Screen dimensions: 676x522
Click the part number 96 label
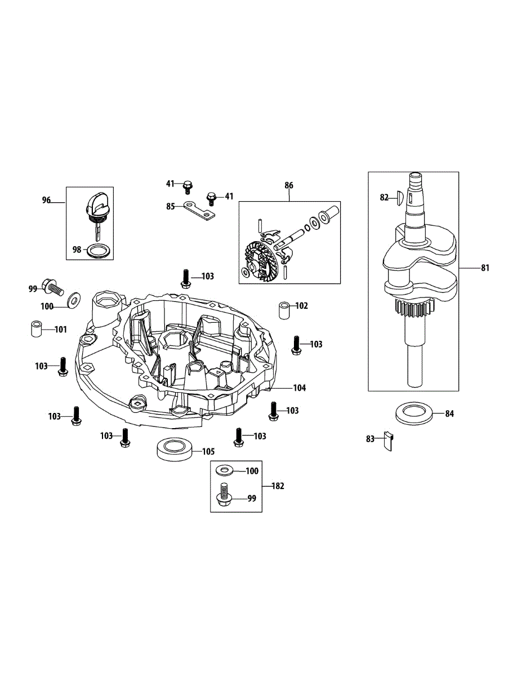[46, 200]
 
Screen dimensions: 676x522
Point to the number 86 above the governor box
[289, 185]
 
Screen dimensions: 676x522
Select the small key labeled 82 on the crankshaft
[398, 197]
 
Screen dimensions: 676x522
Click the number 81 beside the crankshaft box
[485, 268]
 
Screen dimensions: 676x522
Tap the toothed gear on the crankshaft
[413, 308]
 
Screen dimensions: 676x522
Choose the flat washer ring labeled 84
[416, 413]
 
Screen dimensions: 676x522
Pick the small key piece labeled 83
[388, 440]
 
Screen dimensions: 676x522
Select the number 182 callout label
[278, 486]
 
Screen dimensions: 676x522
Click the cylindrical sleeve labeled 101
[36, 329]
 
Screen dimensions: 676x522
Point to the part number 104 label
[299, 388]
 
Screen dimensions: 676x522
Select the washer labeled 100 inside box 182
[225, 470]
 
